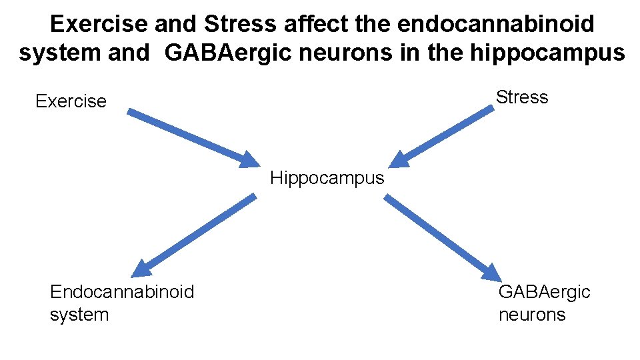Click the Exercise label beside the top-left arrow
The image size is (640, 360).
coord(71,101)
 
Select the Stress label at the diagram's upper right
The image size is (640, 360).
coord(522,97)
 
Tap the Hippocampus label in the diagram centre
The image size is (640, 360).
coord(327,178)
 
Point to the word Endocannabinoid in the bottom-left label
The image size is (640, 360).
coord(122,291)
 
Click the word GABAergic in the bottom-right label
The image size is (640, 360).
coord(544,291)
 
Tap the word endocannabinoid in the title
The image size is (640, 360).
coord(495,24)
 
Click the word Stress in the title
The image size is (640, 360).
coord(240,24)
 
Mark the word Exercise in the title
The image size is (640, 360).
coord(100,24)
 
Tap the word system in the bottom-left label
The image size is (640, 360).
coord(79,314)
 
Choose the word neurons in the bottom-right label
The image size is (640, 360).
coord(531,314)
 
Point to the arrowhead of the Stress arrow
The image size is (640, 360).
coord(398,159)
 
